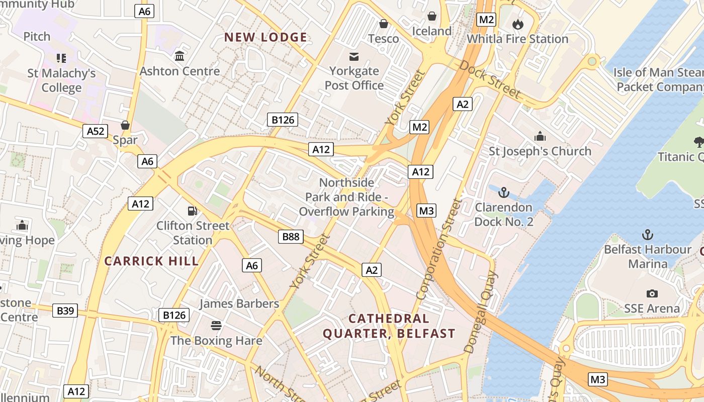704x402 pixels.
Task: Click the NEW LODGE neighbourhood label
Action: click(266, 37)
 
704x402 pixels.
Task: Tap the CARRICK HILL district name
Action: click(151, 261)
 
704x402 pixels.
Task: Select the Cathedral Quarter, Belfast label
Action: click(389, 326)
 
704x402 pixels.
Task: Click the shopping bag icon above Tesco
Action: click(383, 24)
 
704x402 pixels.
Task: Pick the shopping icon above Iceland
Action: click(431, 16)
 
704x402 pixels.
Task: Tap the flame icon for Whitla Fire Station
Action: click(517, 24)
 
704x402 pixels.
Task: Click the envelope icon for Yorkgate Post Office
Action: click(354, 56)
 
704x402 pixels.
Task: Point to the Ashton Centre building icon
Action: click(180, 56)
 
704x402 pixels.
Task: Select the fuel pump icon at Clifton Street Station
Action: click(192, 211)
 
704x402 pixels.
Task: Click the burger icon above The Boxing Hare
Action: click(216, 326)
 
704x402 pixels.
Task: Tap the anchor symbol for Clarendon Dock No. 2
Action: click(503, 192)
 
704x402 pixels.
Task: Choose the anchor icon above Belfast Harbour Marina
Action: click(648, 234)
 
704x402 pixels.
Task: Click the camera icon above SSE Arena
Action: click(652, 293)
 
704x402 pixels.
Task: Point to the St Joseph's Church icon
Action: click(540, 136)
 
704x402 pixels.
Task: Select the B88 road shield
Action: click(291, 236)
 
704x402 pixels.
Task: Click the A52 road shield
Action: click(96, 132)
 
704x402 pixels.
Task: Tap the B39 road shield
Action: click(65, 311)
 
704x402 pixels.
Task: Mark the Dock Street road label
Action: click(490, 79)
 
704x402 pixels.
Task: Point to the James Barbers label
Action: click(239, 304)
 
